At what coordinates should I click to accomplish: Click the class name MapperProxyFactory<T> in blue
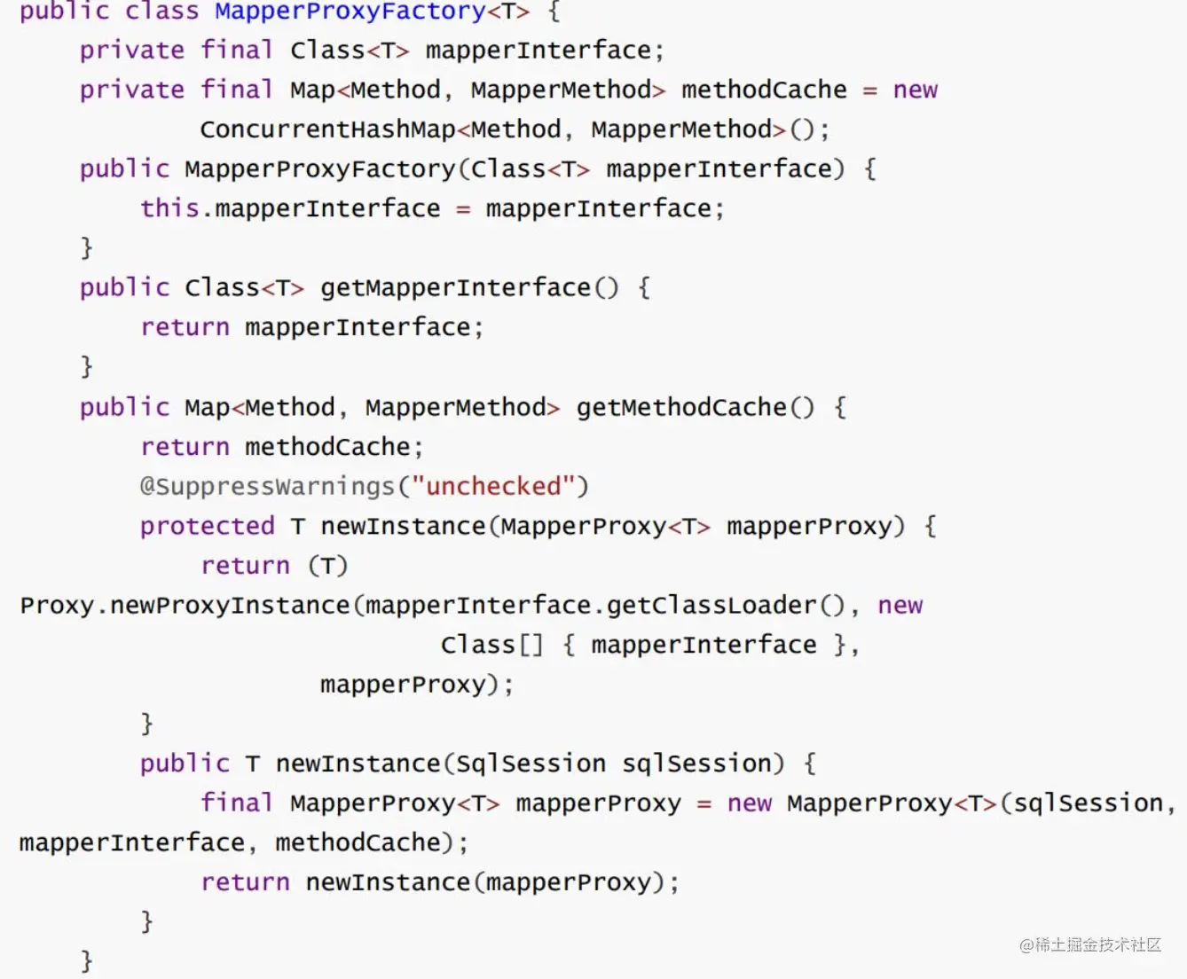pyautogui.click(x=372, y=12)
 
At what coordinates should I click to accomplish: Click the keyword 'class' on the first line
pyautogui.click(x=161, y=12)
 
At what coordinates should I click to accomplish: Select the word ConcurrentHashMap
pyautogui.click(x=327, y=129)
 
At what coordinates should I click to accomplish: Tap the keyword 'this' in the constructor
pyautogui.click(x=169, y=208)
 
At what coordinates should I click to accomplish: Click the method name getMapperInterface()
pyautogui.click(x=469, y=288)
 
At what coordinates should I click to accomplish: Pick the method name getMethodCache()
pyautogui.click(x=696, y=407)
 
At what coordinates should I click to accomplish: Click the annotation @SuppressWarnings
pyautogui.click(x=267, y=487)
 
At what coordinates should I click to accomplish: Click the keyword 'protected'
pyautogui.click(x=208, y=527)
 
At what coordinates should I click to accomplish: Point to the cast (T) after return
pyautogui.click(x=328, y=566)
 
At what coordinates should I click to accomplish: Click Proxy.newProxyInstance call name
pyautogui.click(x=185, y=606)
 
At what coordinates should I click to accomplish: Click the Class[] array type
pyautogui.click(x=492, y=645)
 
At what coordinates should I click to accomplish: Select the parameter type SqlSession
pyautogui.click(x=531, y=764)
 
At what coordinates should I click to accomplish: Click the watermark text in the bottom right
pyautogui.click(x=1090, y=945)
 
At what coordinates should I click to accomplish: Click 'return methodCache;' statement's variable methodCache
pyautogui.click(x=327, y=447)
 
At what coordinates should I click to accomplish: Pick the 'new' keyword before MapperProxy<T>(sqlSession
pyautogui.click(x=750, y=803)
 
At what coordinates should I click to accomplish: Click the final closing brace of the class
pyautogui.click(x=86, y=961)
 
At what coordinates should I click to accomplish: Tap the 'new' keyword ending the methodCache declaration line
pyautogui.click(x=916, y=90)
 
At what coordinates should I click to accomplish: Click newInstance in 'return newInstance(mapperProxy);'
pyautogui.click(x=389, y=882)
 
